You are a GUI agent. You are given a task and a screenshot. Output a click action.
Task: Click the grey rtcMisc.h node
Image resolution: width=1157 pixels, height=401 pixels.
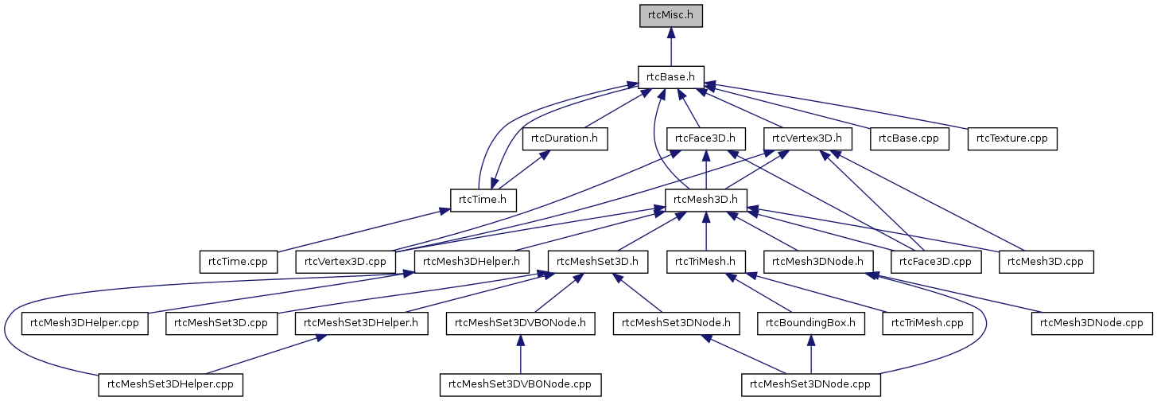click(x=671, y=16)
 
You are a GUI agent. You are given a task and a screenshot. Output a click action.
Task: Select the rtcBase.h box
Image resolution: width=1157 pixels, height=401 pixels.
click(x=671, y=77)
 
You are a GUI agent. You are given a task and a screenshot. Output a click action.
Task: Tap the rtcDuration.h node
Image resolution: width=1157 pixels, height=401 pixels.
click(x=565, y=138)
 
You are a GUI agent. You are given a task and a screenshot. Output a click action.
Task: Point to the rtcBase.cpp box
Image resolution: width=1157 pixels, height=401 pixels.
click(x=909, y=138)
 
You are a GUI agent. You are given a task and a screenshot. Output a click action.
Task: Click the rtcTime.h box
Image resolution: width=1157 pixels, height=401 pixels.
click(x=483, y=199)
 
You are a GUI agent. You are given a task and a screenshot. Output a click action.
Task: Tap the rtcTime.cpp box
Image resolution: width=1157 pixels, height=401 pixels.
click(x=238, y=260)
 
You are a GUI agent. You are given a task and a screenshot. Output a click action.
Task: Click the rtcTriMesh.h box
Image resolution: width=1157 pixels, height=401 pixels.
click(x=705, y=260)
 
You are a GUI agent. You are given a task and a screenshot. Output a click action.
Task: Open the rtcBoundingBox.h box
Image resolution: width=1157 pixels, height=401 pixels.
click(x=810, y=323)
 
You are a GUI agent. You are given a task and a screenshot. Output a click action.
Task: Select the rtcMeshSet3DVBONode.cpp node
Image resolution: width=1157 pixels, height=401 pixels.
click(x=520, y=384)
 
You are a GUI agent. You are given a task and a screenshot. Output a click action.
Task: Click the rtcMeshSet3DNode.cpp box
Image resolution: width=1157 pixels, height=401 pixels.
click(x=810, y=384)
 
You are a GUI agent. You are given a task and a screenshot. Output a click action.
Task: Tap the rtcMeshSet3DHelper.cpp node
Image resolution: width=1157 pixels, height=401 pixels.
click(x=170, y=384)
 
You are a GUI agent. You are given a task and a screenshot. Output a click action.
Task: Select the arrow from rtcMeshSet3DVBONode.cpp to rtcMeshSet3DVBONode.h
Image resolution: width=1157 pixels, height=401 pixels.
click(x=520, y=354)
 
